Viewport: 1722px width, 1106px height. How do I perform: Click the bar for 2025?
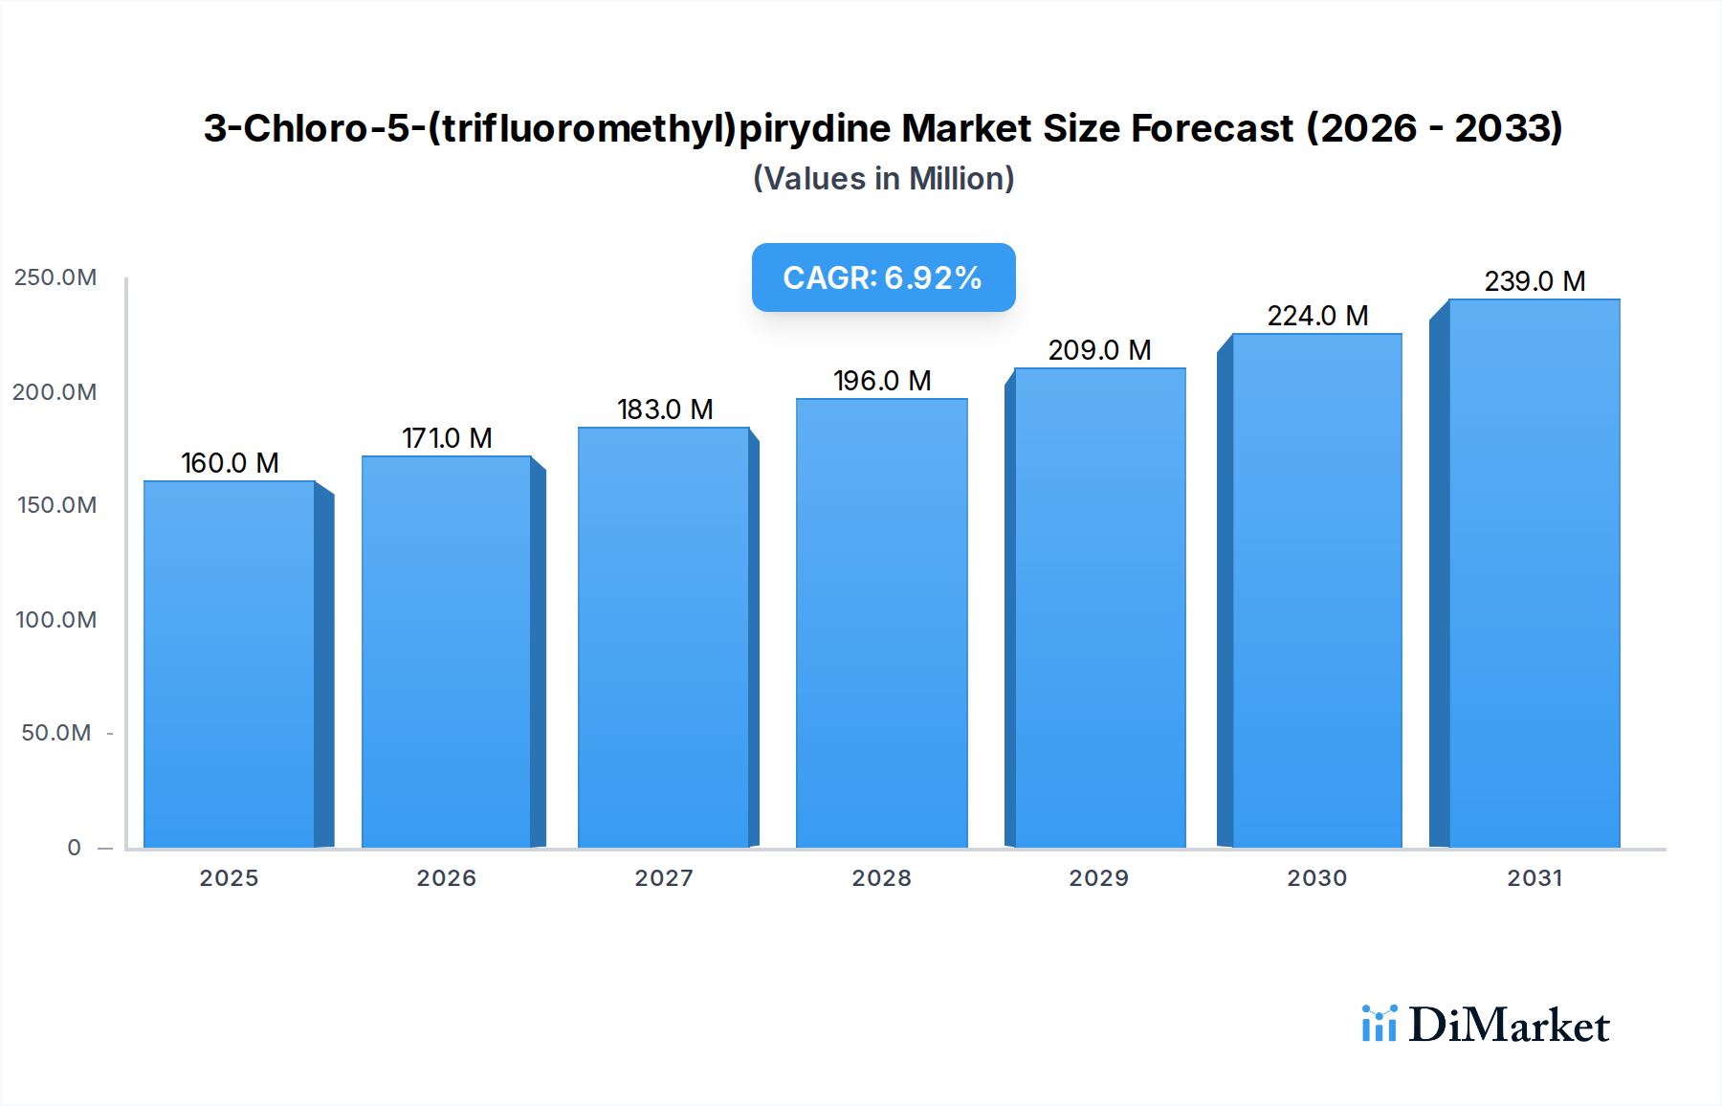[230, 664]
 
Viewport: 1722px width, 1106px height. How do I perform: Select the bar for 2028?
[881, 623]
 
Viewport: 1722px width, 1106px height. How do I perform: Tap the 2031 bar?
[1534, 573]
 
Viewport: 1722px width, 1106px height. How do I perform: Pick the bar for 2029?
[1099, 608]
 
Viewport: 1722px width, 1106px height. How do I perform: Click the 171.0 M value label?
[447, 438]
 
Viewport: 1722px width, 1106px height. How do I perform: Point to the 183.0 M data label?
[665, 409]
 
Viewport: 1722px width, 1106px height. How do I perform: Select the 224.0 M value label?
[1317, 316]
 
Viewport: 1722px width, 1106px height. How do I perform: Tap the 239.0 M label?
[1534, 281]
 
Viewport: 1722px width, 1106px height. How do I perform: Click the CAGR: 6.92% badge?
[883, 277]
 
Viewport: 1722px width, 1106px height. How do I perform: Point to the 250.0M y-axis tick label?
[55, 277]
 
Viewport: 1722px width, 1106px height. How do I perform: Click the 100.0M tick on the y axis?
[55, 620]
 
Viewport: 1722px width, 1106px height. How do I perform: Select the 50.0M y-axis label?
[55, 733]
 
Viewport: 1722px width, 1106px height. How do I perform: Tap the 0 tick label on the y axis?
[74, 848]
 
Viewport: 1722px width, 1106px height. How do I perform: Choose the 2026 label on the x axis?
[446, 878]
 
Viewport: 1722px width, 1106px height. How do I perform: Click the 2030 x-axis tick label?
[1316, 878]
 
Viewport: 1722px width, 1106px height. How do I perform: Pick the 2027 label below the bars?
[664, 878]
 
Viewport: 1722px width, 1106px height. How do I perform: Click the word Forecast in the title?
[1211, 128]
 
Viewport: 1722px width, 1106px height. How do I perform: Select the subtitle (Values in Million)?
[883, 179]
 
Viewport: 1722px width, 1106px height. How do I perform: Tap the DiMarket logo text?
[1509, 1026]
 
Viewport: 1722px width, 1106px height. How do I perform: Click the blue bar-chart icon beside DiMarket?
[1379, 1024]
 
